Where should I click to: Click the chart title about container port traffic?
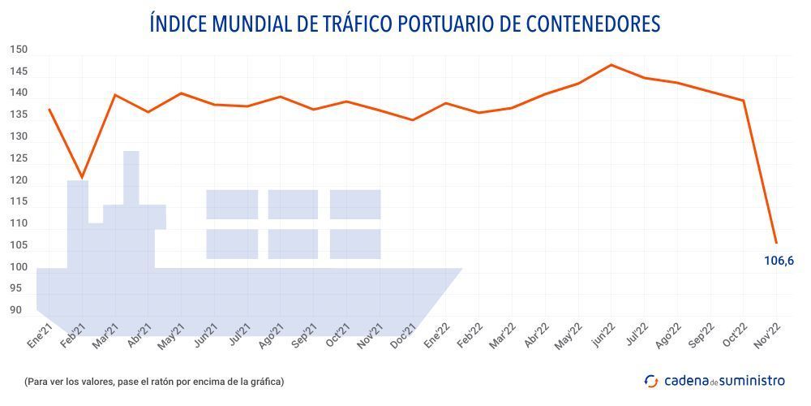click(x=405, y=24)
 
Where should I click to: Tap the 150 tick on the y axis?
click(x=19, y=50)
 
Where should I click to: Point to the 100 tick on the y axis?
click(x=19, y=267)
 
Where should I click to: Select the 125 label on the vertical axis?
click(x=19, y=158)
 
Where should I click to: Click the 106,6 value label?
click(x=779, y=261)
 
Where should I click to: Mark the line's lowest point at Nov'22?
click(x=776, y=242)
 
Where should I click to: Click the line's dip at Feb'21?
click(x=82, y=177)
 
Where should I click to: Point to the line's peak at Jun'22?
click(x=611, y=64)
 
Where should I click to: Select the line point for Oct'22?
click(x=744, y=101)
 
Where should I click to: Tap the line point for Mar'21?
click(x=114, y=95)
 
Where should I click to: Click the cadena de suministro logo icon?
click(x=650, y=381)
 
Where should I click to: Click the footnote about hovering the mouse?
click(x=154, y=381)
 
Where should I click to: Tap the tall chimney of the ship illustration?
click(x=131, y=175)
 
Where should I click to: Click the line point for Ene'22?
click(x=446, y=103)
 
